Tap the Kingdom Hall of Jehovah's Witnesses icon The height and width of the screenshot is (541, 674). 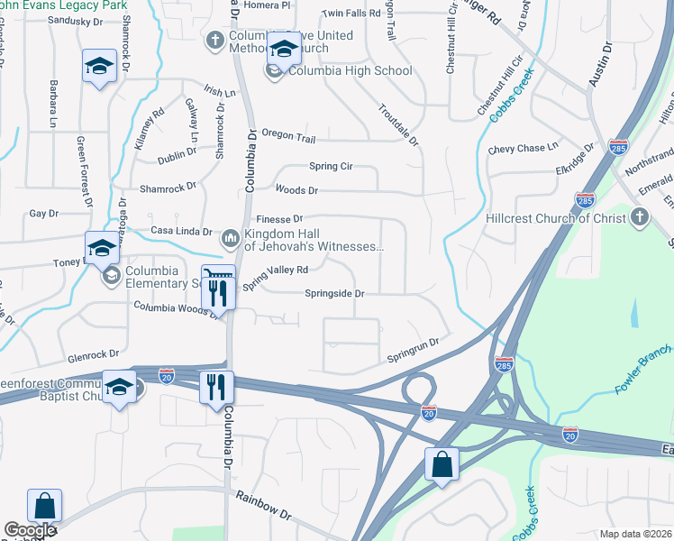(230, 238)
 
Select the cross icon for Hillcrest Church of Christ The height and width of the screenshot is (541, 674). (639, 217)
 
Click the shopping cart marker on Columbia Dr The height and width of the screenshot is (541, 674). (216, 274)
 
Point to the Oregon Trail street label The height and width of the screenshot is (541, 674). (288, 135)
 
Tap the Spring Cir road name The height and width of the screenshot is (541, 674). (331, 167)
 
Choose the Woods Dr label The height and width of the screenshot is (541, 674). (296, 190)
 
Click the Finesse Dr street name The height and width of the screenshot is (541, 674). (279, 219)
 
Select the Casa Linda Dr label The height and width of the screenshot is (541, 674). (181, 231)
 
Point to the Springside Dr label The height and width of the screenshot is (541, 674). (333, 294)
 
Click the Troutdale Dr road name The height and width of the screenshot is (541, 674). (401, 125)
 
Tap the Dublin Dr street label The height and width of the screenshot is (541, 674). (176, 154)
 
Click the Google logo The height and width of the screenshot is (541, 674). (31, 530)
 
